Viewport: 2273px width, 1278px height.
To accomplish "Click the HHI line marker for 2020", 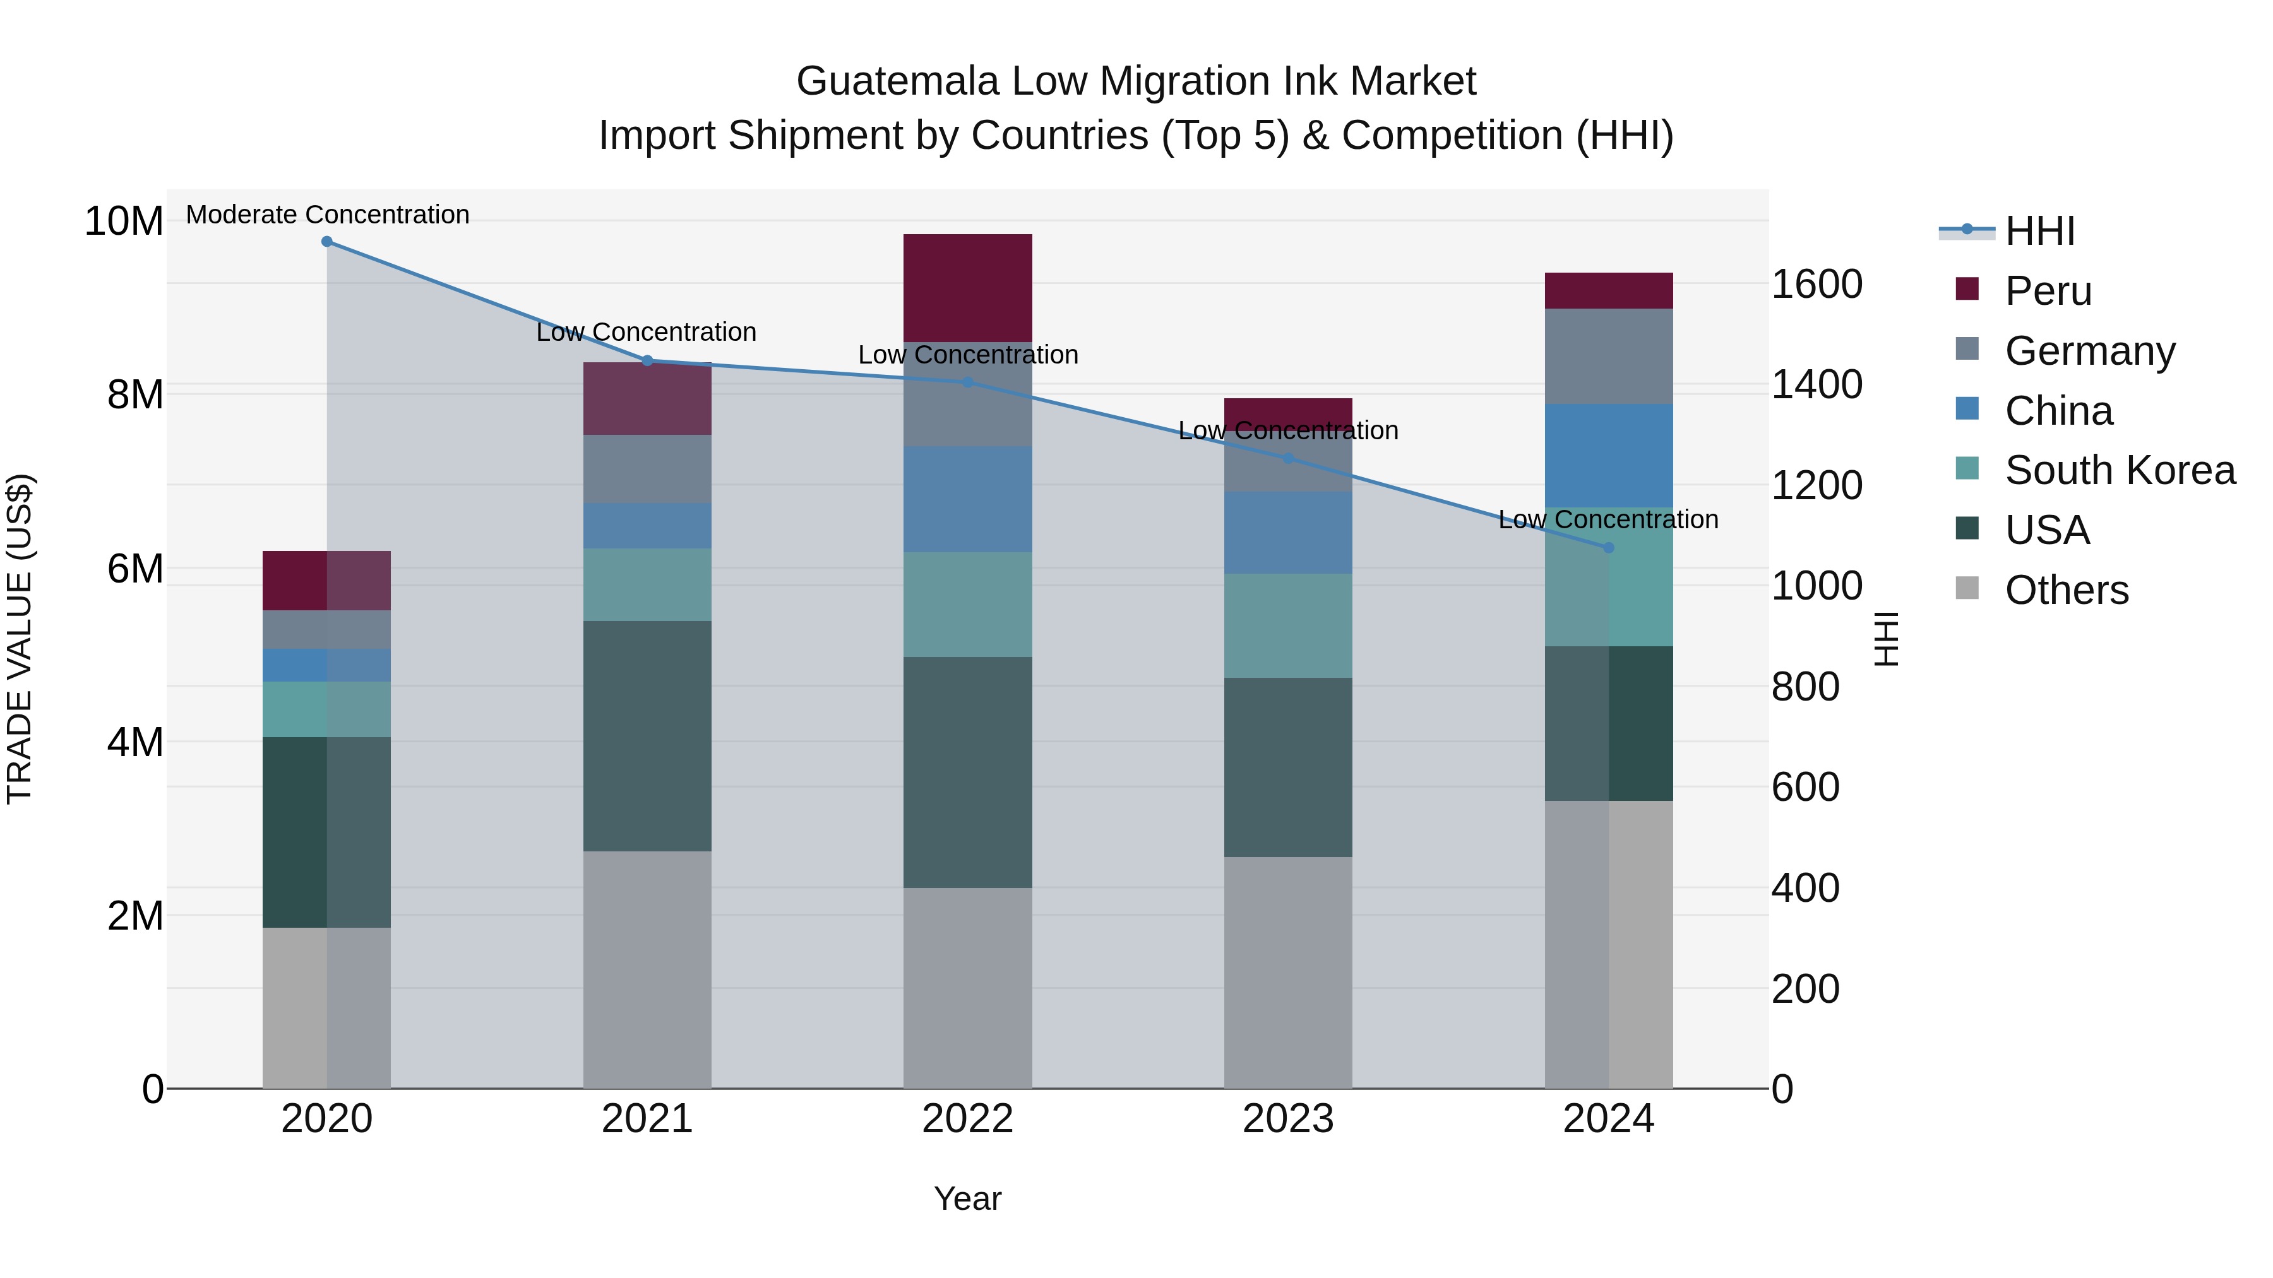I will (x=326, y=242).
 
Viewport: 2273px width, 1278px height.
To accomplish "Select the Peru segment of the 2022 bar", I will (x=967, y=288).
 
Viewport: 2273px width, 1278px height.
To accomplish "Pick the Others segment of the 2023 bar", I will (x=1287, y=972).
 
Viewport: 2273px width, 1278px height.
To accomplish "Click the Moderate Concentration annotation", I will (x=327, y=215).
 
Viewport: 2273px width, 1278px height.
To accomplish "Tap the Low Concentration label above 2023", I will (x=1287, y=430).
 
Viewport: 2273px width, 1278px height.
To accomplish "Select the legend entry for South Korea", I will (x=2120, y=470).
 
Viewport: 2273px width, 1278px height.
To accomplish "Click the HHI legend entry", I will (x=2038, y=231).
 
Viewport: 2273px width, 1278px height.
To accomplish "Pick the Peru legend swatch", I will (x=1967, y=289).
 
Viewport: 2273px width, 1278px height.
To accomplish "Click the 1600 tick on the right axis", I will (x=1817, y=284).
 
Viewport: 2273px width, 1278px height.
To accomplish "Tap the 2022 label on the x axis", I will (x=967, y=1119).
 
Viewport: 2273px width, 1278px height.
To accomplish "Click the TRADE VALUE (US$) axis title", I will (x=20, y=639).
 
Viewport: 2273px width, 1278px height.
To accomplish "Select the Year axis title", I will (x=967, y=1198).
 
